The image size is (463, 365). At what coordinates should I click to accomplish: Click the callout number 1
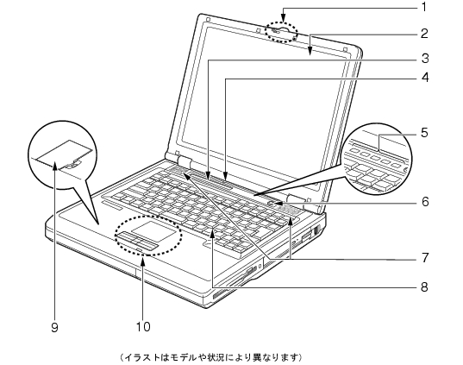tap(424, 7)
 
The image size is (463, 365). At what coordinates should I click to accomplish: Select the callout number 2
tap(424, 34)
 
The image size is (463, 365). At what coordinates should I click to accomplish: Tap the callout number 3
tap(424, 59)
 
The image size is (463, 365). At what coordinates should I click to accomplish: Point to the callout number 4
tap(424, 78)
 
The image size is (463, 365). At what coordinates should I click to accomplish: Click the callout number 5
tap(424, 133)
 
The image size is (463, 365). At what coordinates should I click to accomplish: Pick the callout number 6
tap(424, 202)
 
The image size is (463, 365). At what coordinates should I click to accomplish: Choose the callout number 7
tap(424, 258)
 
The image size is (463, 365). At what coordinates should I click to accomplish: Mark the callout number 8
tap(424, 286)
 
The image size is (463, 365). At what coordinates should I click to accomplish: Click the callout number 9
tap(54, 327)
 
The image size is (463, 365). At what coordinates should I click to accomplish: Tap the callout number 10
tap(143, 326)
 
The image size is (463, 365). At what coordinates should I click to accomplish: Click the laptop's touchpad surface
tap(153, 230)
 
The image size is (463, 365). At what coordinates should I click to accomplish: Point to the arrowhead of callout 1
tap(283, 20)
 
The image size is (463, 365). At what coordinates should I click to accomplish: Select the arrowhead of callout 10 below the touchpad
tap(143, 259)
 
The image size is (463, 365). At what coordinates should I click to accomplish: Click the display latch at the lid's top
tap(281, 30)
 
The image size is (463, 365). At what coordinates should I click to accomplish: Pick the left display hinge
tap(183, 161)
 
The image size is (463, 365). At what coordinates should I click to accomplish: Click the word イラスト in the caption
tap(142, 357)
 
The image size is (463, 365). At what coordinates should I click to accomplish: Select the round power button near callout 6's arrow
tap(271, 203)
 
